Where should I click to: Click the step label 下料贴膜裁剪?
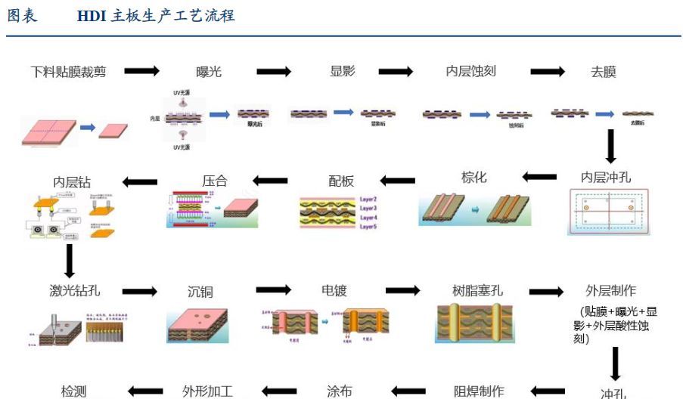(x=68, y=72)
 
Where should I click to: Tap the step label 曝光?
(x=209, y=73)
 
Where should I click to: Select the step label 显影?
(x=343, y=71)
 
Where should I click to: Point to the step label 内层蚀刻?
(x=470, y=72)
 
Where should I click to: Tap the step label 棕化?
(x=474, y=178)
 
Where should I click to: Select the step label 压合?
(x=215, y=181)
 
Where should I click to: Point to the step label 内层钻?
(x=72, y=181)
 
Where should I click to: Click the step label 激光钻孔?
(x=74, y=291)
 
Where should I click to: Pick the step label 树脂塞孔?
(x=477, y=291)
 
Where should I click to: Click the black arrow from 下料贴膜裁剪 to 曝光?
(x=141, y=71)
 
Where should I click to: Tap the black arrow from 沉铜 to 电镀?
(x=273, y=290)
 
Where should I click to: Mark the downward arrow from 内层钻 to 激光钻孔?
(x=70, y=261)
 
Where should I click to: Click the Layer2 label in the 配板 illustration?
(x=368, y=199)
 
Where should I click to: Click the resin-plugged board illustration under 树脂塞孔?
(x=476, y=322)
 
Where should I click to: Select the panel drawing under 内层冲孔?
(x=610, y=212)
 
